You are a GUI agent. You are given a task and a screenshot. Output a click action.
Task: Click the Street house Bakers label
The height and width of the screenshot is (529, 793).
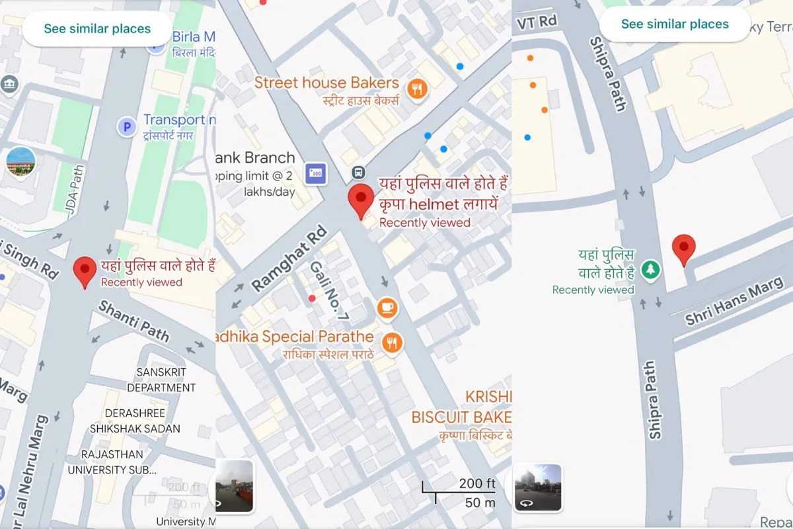tap(326, 83)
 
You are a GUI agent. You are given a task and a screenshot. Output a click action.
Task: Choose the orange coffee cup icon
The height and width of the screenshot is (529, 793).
tap(387, 307)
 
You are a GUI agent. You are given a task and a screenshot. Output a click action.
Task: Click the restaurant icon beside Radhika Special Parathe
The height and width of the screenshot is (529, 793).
tap(393, 341)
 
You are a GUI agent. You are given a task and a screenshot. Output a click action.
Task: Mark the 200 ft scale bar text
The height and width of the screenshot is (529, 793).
tap(476, 484)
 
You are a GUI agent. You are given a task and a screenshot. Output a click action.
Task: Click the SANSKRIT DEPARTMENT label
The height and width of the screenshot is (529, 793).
tap(161, 380)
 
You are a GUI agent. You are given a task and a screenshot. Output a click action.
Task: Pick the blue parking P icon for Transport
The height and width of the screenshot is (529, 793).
tap(126, 125)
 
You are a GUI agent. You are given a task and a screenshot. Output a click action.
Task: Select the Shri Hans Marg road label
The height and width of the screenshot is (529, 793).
tap(734, 301)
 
